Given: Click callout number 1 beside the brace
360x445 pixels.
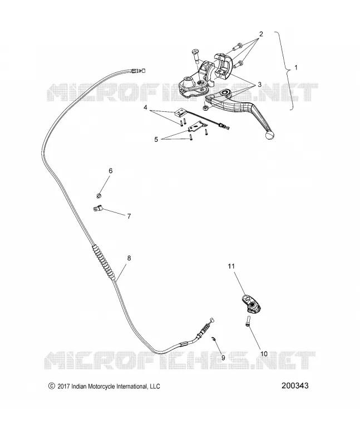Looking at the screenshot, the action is (296, 68).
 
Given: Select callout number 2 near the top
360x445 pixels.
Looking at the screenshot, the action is (261, 34).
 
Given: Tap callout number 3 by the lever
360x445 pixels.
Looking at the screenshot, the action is (259, 85).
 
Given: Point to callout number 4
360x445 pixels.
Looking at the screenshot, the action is (145, 108).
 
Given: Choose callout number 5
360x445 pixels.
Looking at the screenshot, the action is (156, 140).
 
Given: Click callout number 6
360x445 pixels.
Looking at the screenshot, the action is (110, 171).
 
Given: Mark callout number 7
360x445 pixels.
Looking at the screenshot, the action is (129, 216).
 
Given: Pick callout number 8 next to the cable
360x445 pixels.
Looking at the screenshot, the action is (129, 258).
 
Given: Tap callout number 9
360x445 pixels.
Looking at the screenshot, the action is (223, 358).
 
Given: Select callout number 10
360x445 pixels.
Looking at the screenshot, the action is (264, 354).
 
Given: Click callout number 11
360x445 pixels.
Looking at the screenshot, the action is (231, 266).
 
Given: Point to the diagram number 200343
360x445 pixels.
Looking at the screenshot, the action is (295, 385).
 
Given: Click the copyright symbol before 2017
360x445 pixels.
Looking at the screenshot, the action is (51, 386).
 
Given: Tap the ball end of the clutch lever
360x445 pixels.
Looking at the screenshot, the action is (270, 135).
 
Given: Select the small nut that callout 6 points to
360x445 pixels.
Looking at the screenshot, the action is (99, 195).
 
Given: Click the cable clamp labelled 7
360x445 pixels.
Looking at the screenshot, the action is (97, 209).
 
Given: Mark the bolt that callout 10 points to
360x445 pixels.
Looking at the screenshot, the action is (248, 322).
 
